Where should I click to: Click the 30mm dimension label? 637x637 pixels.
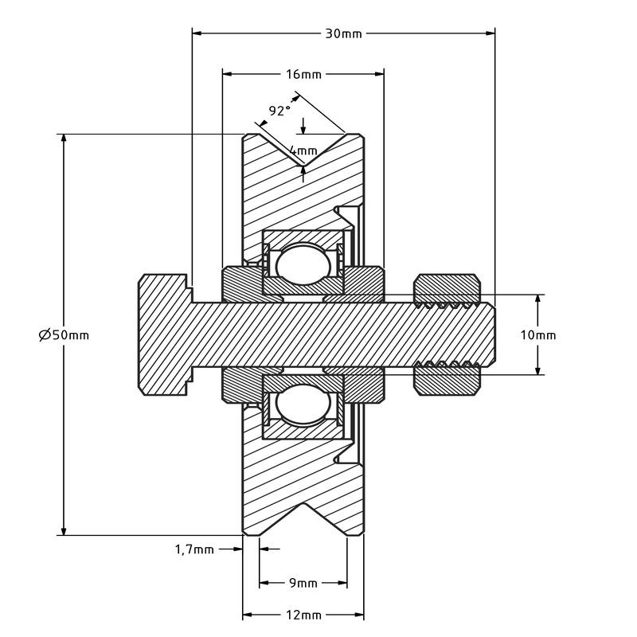tap(343, 33)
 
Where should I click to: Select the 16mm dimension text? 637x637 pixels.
tap(303, 74)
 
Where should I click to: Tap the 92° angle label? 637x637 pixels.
tap(279, 111)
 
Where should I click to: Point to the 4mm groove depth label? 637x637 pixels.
tap(303, 150)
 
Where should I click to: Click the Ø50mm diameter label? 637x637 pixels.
tap(64, 335)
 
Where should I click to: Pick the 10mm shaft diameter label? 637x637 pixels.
tap(538, 335)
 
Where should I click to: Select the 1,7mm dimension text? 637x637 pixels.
tap(194, 549)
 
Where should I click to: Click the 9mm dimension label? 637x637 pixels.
tap(303, 583)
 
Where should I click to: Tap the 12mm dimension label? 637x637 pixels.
tap(303, 615)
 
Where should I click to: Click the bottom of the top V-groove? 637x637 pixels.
tap(303, 166)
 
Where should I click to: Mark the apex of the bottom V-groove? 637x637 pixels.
tap(303, 503)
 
